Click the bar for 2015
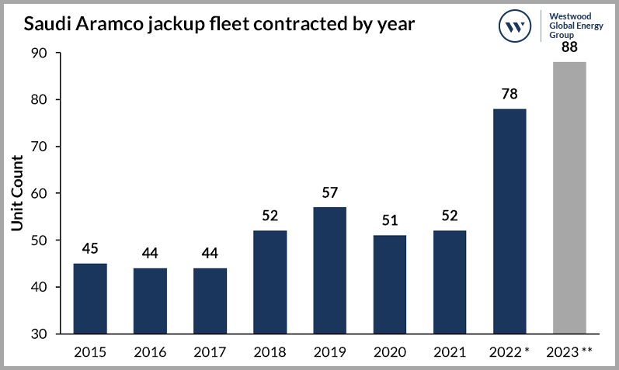pos(90,299)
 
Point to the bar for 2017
pos(210,301)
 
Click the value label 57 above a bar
pos(330,192)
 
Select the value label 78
pos(509,94)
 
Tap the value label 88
pos(569,48)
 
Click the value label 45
pos(90,248)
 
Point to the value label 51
pos(390,220)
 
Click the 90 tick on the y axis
pos(40,54)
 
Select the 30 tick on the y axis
pos(40,334)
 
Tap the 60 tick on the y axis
pos(40,194)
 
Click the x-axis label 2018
pos(270,351)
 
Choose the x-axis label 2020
pos(390,351)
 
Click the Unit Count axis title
pos(16,193)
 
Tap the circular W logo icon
pos(514,25)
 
